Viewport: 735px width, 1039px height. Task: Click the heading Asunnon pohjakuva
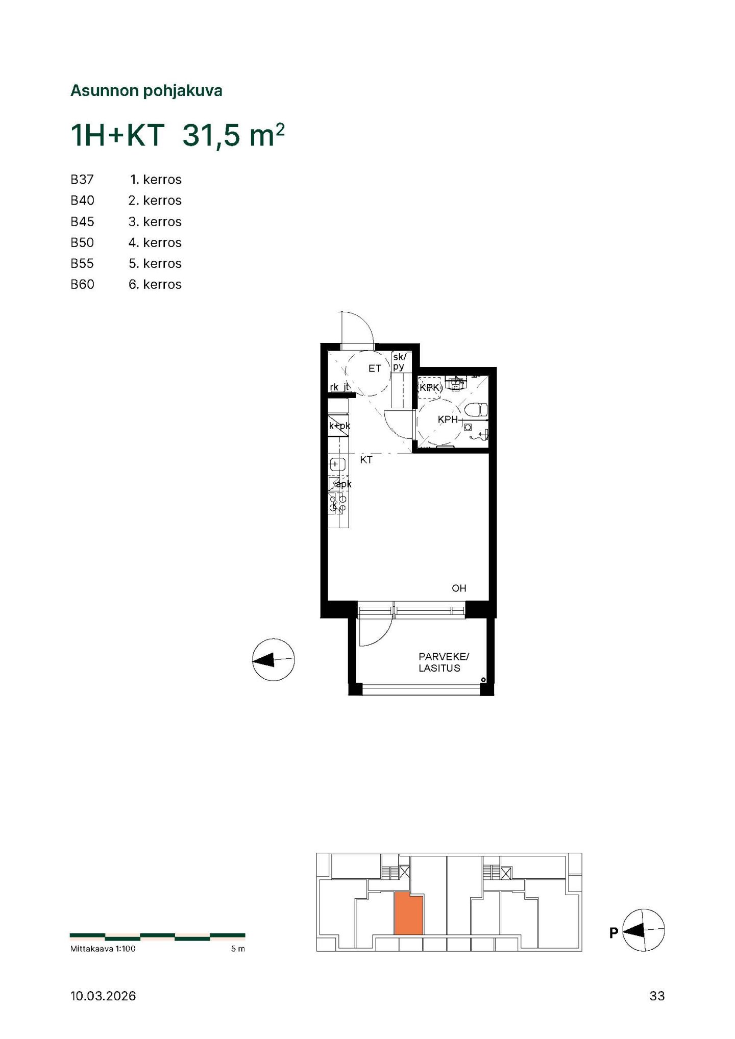pos(146,91)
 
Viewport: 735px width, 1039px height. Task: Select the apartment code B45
pos(82,221)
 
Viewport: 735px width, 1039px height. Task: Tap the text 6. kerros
pos(155,284)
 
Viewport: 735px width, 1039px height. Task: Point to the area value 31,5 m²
pos(233,135)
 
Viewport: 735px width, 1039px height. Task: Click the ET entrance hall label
pos(375,368)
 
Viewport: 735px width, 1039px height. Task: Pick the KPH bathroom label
pos(448,419)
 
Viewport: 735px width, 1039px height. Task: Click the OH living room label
pos(459,588)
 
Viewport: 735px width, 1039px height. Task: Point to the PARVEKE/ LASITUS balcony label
pos(443,662)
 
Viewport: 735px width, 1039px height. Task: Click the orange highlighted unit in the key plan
pos(409,914)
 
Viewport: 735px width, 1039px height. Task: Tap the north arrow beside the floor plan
pos(274,660)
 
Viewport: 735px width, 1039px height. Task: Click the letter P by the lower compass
pos(614,932)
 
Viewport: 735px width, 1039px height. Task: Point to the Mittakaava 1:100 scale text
pos(103,949)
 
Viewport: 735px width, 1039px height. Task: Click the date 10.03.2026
pos(103,996)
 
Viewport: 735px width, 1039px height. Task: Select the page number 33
pos(657,996)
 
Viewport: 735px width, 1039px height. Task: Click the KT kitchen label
pos(366,460)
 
